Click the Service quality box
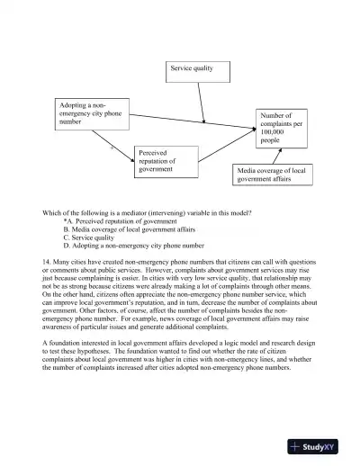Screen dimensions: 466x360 (x=192, y=68)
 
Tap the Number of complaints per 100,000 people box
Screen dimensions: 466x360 (x=282, y=129)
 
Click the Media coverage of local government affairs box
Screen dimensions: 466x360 (x=274, y=175)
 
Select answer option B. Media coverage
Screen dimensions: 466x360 (x=126, y=229)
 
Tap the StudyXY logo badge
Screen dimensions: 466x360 (x=318, y=446)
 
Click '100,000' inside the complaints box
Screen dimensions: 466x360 (x=273, y=132)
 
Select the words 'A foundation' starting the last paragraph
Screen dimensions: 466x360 (x=61, y=344)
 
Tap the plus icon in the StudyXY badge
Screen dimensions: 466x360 (x=296, y=446)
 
